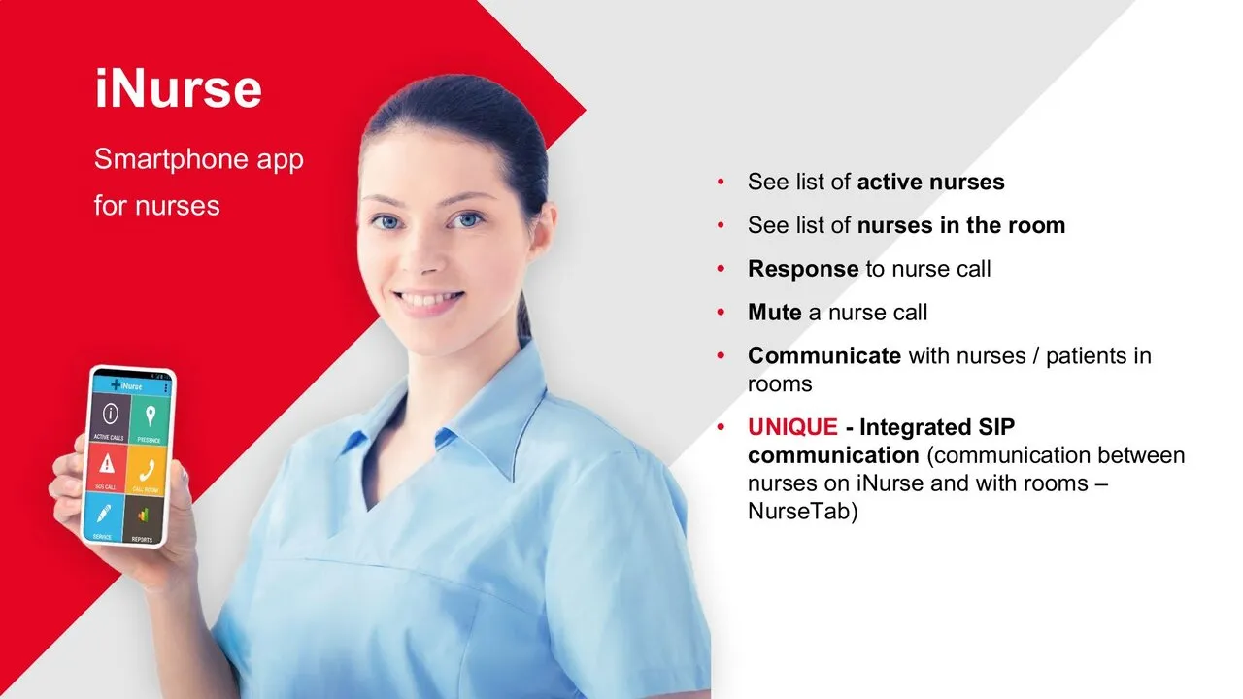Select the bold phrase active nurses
(930, 182)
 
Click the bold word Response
(803, 269)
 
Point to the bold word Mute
(774, 313)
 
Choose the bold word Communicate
(824, 356)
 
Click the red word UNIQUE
(792, 427)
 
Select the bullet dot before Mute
(721, 313)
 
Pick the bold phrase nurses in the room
(960, 225)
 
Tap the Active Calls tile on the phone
(110, 418)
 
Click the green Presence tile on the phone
(149, 420)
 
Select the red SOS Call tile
(107, 468)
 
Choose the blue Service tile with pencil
(104, 516)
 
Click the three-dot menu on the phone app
(166, 387)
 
